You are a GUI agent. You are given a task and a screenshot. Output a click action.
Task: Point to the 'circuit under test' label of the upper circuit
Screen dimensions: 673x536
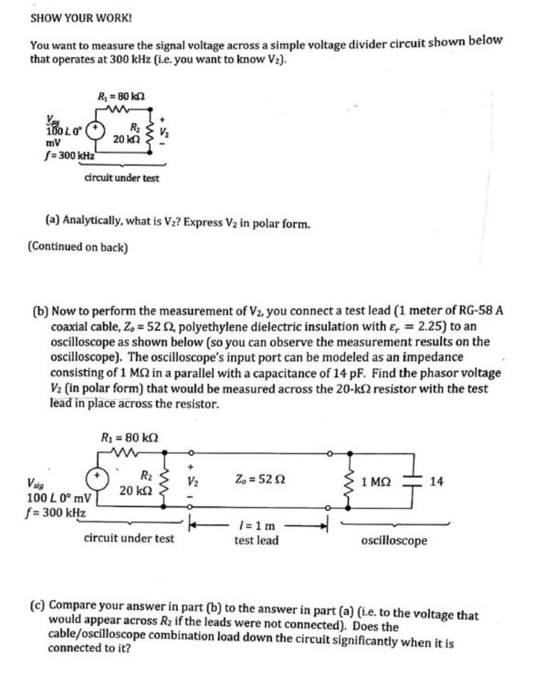pyautogui.click(x=121, y=178)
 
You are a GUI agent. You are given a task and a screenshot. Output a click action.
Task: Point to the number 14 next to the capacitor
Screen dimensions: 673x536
pyautogui.click(x=437, y=481)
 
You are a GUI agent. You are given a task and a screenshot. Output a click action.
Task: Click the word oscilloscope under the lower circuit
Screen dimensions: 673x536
pyautogui.click(x=395, y=540)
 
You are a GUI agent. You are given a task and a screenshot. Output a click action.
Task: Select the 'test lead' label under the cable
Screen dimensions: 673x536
pyautogui.click(x=256, y=540)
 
